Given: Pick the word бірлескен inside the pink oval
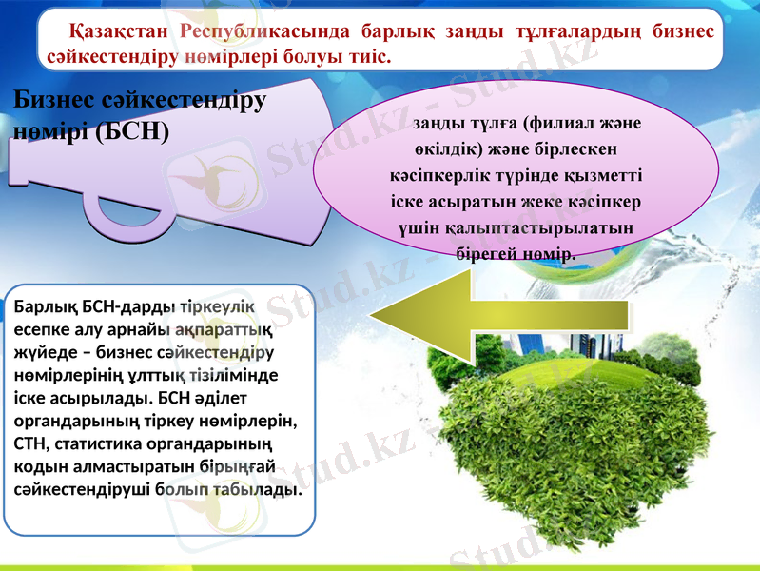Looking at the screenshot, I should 573,150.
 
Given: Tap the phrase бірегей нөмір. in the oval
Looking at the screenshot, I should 516,255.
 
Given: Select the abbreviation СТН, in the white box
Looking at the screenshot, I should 36,443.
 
